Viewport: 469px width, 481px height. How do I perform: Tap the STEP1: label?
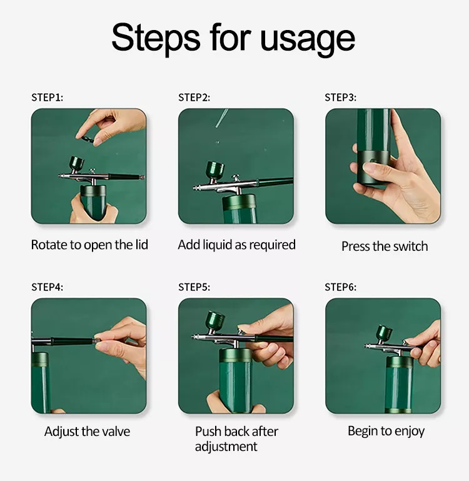(x=48, y=98)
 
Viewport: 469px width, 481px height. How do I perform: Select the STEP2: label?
(x=194, y=98)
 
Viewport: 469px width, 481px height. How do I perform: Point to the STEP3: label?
(x=340, y=98)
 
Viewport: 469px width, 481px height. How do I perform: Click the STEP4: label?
(x=48, y=287)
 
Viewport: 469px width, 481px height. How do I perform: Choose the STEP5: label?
(x=194, y=287)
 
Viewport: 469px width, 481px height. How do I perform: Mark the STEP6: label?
(x=340, y=287)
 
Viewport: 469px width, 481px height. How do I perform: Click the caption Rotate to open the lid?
(x=89, y=245)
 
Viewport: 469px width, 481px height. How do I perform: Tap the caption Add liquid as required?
(x=236, y=245)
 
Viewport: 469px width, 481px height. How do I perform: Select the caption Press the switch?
(x=385, y=246)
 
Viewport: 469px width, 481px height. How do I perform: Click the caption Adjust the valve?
(x=88, y=432)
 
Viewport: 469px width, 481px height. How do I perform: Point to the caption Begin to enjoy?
(x=386, y=431)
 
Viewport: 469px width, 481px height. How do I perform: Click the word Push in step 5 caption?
(x=209, y=432)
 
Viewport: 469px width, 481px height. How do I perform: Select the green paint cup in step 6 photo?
(x=386, y=333)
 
